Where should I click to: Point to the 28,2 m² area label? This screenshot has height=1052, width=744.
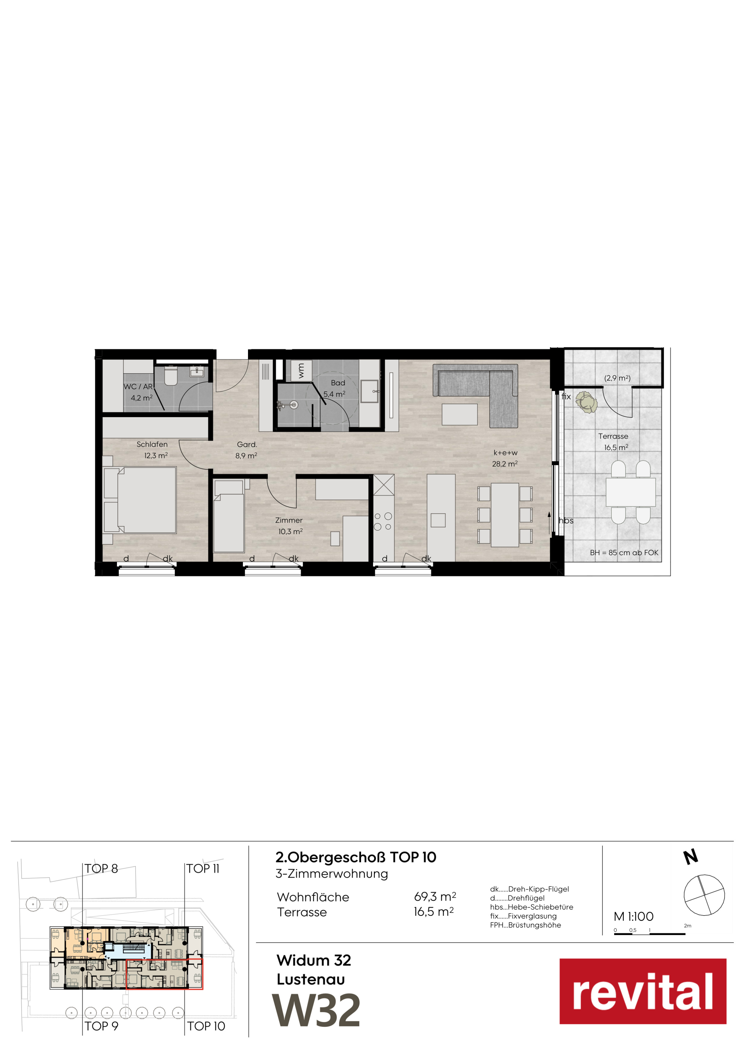tap(505, 464)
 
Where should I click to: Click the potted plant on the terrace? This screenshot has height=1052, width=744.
tap(586, 402)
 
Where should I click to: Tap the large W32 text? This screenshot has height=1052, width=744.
tap(317, 1011)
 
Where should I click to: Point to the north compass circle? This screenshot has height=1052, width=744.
tap(704, 895)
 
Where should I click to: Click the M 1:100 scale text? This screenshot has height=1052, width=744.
tap(634, 916)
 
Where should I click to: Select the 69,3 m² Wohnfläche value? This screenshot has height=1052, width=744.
tap(435, 896)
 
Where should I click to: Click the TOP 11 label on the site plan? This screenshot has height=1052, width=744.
tap(203, 869)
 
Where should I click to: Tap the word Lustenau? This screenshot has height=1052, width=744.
tap(311, 979)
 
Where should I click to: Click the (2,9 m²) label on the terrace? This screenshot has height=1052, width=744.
tap(617, 378)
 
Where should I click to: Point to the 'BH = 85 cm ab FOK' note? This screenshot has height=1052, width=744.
tap(624, 552)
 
